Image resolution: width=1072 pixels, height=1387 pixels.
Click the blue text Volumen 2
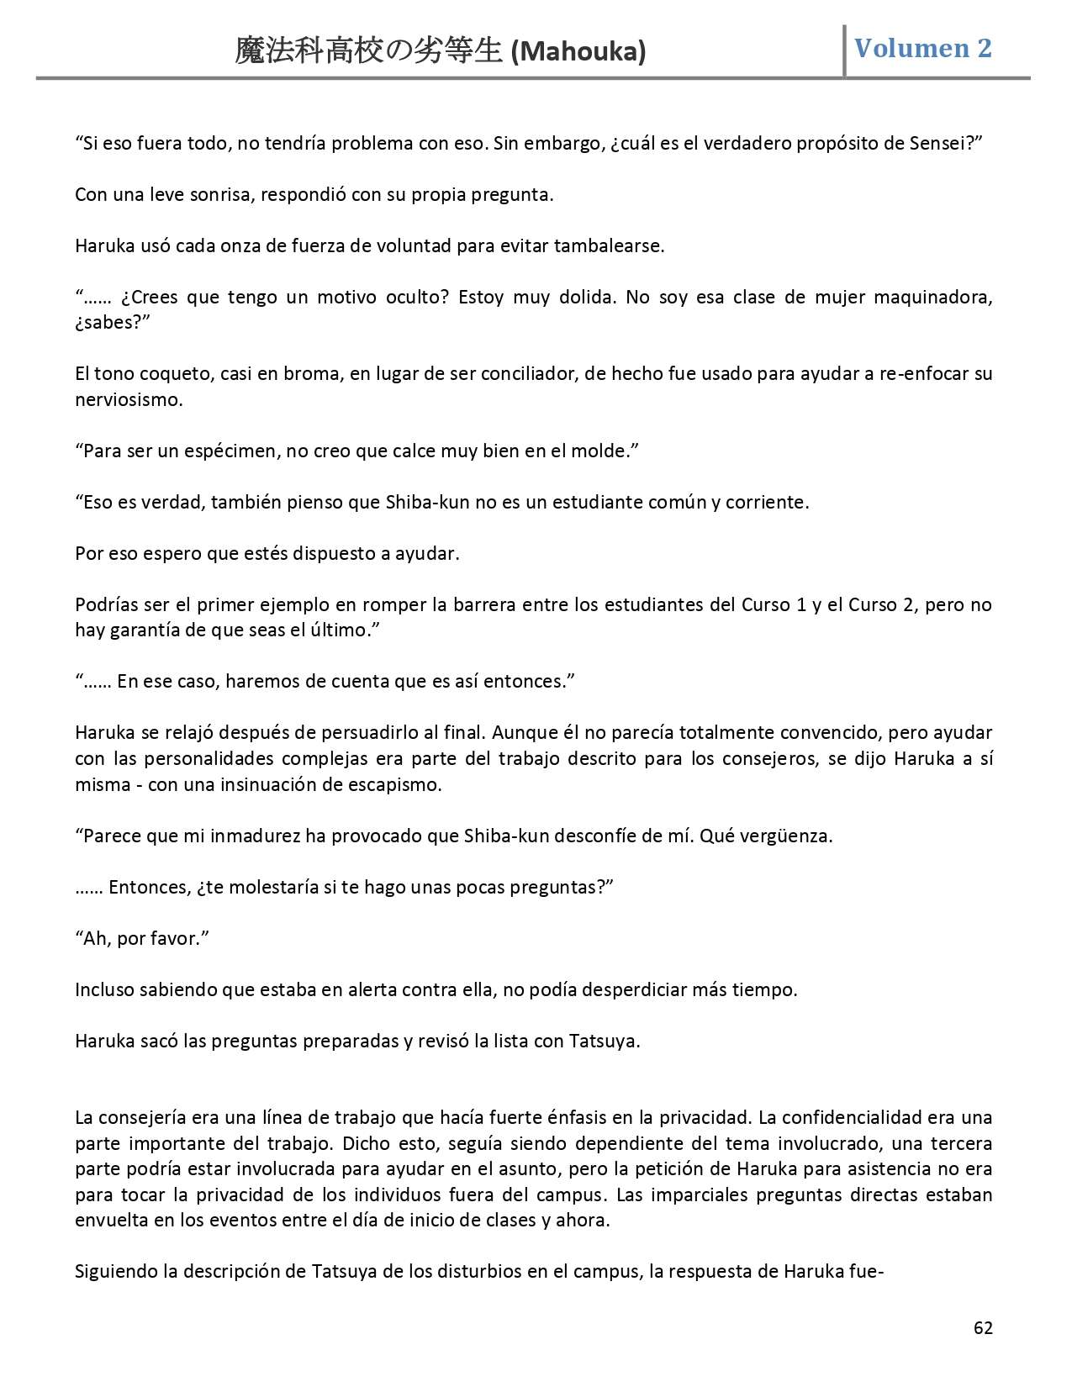coord(922,49)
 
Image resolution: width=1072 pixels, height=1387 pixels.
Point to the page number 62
coord(983,1328)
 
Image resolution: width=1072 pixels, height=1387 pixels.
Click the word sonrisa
coord(215,195)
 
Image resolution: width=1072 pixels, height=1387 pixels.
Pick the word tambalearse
coord(609,246)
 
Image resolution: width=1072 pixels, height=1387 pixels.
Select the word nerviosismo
coord(129,399)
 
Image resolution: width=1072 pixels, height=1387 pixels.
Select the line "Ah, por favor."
coord(141,938)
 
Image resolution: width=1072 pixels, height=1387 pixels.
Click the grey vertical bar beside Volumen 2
coord(844,50)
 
